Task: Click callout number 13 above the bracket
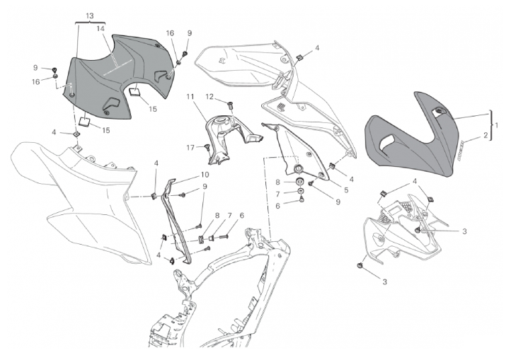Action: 89,15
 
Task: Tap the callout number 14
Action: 101,28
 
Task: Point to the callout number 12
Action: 209,96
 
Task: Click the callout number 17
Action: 190,147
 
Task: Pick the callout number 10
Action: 204,174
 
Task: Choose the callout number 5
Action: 345,190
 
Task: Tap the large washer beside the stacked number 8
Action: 300,182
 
